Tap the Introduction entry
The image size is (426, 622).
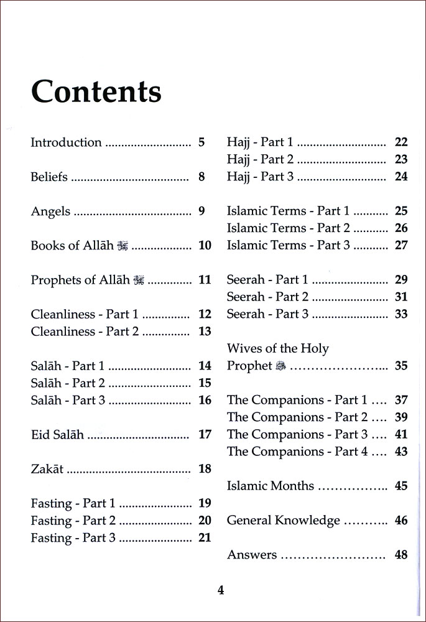tap(66, 142)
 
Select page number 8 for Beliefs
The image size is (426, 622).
tap(201, 177)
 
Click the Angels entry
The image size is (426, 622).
tap(50, 211)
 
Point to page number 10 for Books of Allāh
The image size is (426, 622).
tap(205, 246)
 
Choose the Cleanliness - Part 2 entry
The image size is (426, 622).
tap(85, 332)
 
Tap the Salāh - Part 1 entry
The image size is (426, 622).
tap(68, 366)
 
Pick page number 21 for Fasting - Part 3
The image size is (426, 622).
tap(205, 538)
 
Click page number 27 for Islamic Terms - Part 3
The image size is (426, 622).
tap(401, 245)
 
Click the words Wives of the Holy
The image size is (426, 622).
tap(278, 348)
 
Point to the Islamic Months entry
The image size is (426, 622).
tap(271, 486)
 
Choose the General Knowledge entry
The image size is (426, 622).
tap(284, 521)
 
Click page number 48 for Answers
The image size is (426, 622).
tap(401, 555)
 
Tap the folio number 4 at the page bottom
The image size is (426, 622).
tap(220, 590)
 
